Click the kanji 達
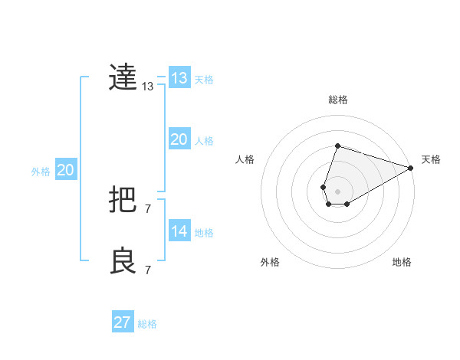click(123, 77)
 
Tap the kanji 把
click(123, 201)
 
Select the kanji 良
click(123, 261)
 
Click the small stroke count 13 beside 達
click(148, 87)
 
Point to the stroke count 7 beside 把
click(148, 209)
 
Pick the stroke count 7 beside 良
click(148, 270)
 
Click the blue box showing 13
click(179, 78)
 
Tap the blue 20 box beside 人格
click(179, 139)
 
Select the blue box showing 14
click(179, 231)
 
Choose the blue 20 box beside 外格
click(65, 170)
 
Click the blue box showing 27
click(123, 322)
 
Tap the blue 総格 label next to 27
click(148, 324)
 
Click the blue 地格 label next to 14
click(204, 233)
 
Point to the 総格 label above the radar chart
click(337, 100)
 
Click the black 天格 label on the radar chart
click(431, 159)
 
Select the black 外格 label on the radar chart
click(270, 262)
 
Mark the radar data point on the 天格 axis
click(411, 169)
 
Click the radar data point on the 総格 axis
click(337, 146)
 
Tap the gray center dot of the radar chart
click(337, 191)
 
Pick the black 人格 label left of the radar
click(245, 159)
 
